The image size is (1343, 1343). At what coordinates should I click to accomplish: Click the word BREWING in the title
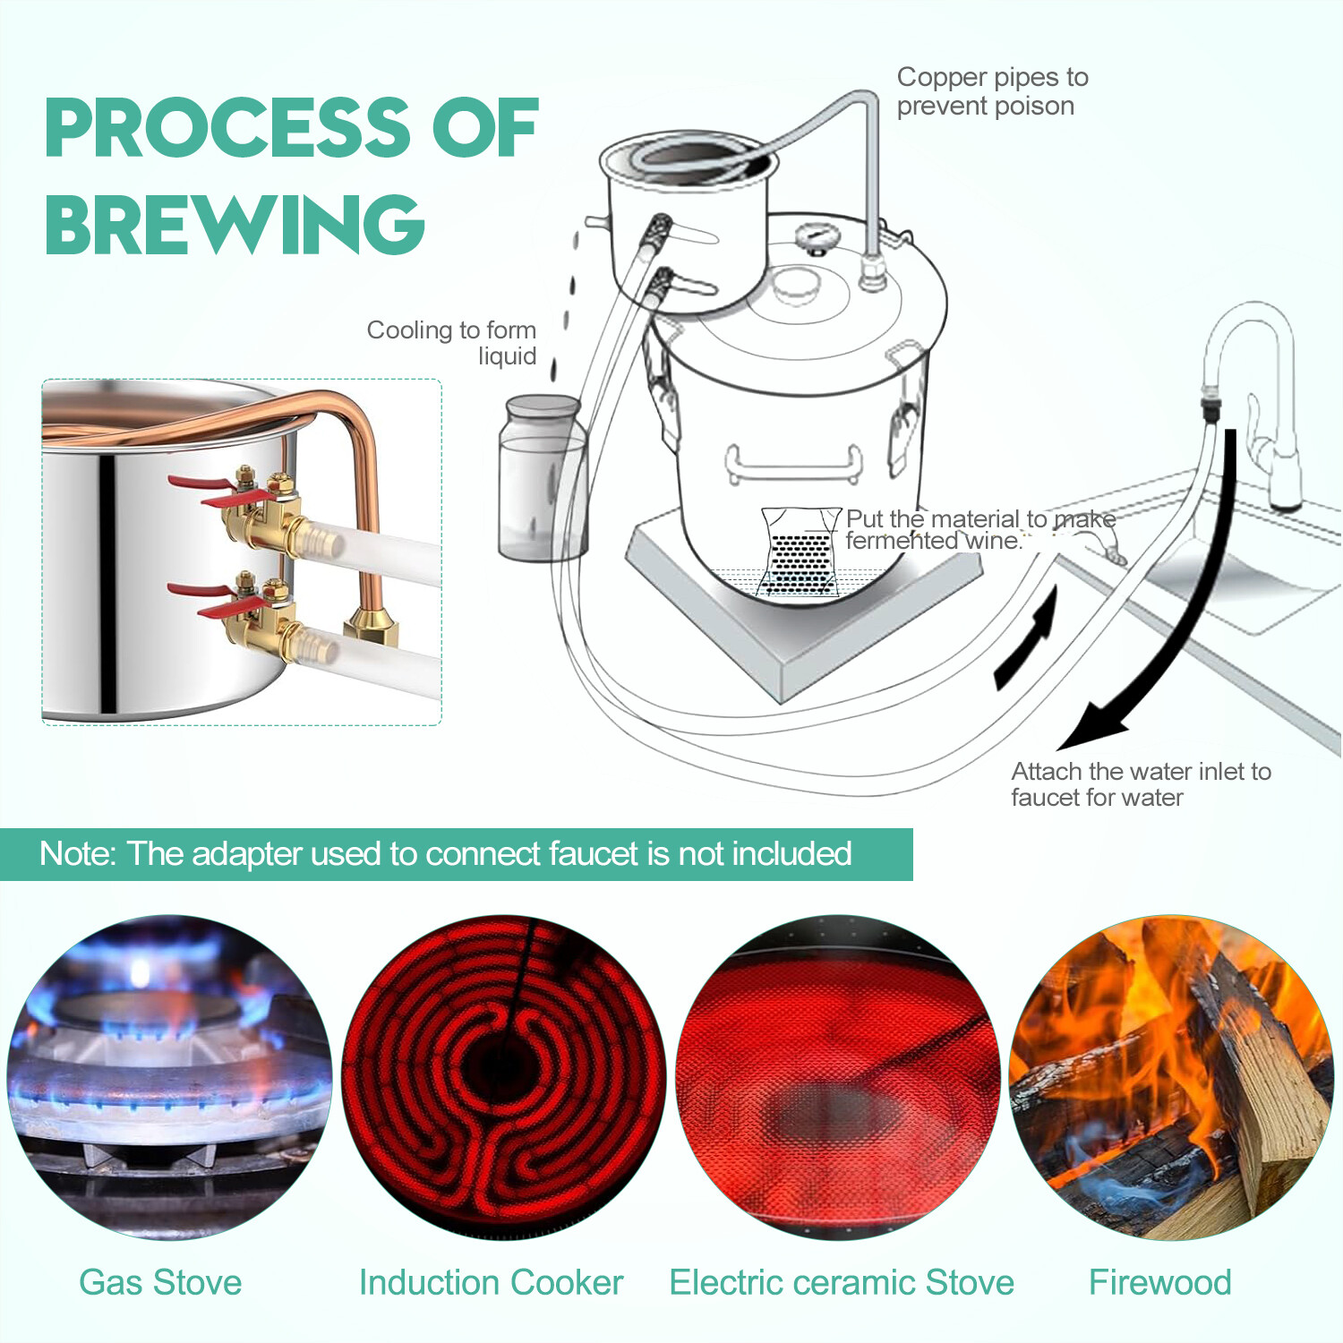point(235,224)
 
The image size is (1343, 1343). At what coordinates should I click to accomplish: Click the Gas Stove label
point(160,1282)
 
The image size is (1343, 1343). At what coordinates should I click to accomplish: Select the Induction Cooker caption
point(491,1282)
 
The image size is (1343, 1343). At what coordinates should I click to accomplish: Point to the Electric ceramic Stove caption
point(842,1282)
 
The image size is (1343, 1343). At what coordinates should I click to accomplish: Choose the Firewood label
point(1159,1282)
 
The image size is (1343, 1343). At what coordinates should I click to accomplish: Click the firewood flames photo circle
point(1170,1077)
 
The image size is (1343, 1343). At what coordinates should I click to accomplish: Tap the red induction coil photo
point(504,1077)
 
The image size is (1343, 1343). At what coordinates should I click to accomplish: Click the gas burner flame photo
point(169,1077)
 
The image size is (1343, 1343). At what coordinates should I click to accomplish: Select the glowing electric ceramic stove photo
point(838,1077)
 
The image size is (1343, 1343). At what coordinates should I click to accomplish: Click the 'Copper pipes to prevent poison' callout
point(991,91)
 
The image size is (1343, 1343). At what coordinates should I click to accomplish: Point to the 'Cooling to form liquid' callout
point(452,342)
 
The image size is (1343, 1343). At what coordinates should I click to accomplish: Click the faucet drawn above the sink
point(1253,385)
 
